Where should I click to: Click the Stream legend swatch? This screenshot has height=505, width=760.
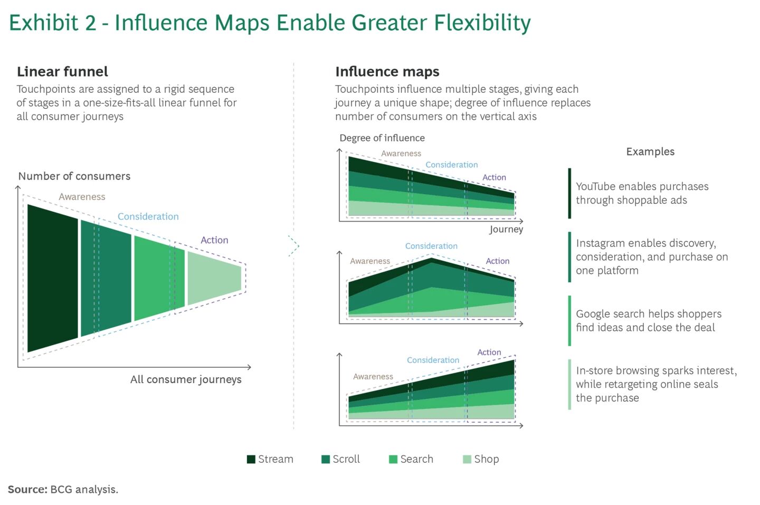(x=251, y=459)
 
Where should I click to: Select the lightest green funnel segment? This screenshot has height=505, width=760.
(x=214, y=278)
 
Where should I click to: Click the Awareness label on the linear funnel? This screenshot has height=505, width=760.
(x=82, y=197)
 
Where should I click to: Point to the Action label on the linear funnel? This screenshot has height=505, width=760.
(x=214, y=240)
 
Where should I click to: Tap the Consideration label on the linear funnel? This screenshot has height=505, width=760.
(x=148, y=216)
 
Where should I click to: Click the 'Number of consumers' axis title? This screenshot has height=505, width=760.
(x=74, y=176)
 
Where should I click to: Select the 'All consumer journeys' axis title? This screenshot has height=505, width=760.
(x=186, y=379)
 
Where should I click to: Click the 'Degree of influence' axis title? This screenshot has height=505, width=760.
(x=382, y=138)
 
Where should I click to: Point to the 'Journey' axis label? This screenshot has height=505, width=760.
(x=506, y=229)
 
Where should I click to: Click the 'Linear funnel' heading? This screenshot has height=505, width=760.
(x=62, y=72)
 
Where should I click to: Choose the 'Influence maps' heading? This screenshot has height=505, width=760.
(x=387, y=72)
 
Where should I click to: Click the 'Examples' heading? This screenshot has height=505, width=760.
(x=650, y=152)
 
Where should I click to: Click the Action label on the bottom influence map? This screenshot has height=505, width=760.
(x=489, y=352)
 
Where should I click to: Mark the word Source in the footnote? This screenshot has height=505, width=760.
(x=27, y=490)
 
